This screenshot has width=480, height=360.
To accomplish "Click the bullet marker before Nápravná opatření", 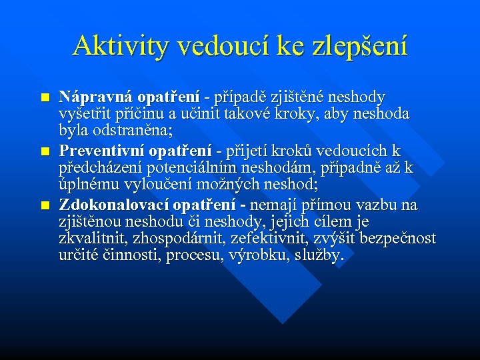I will click(45, 98).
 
